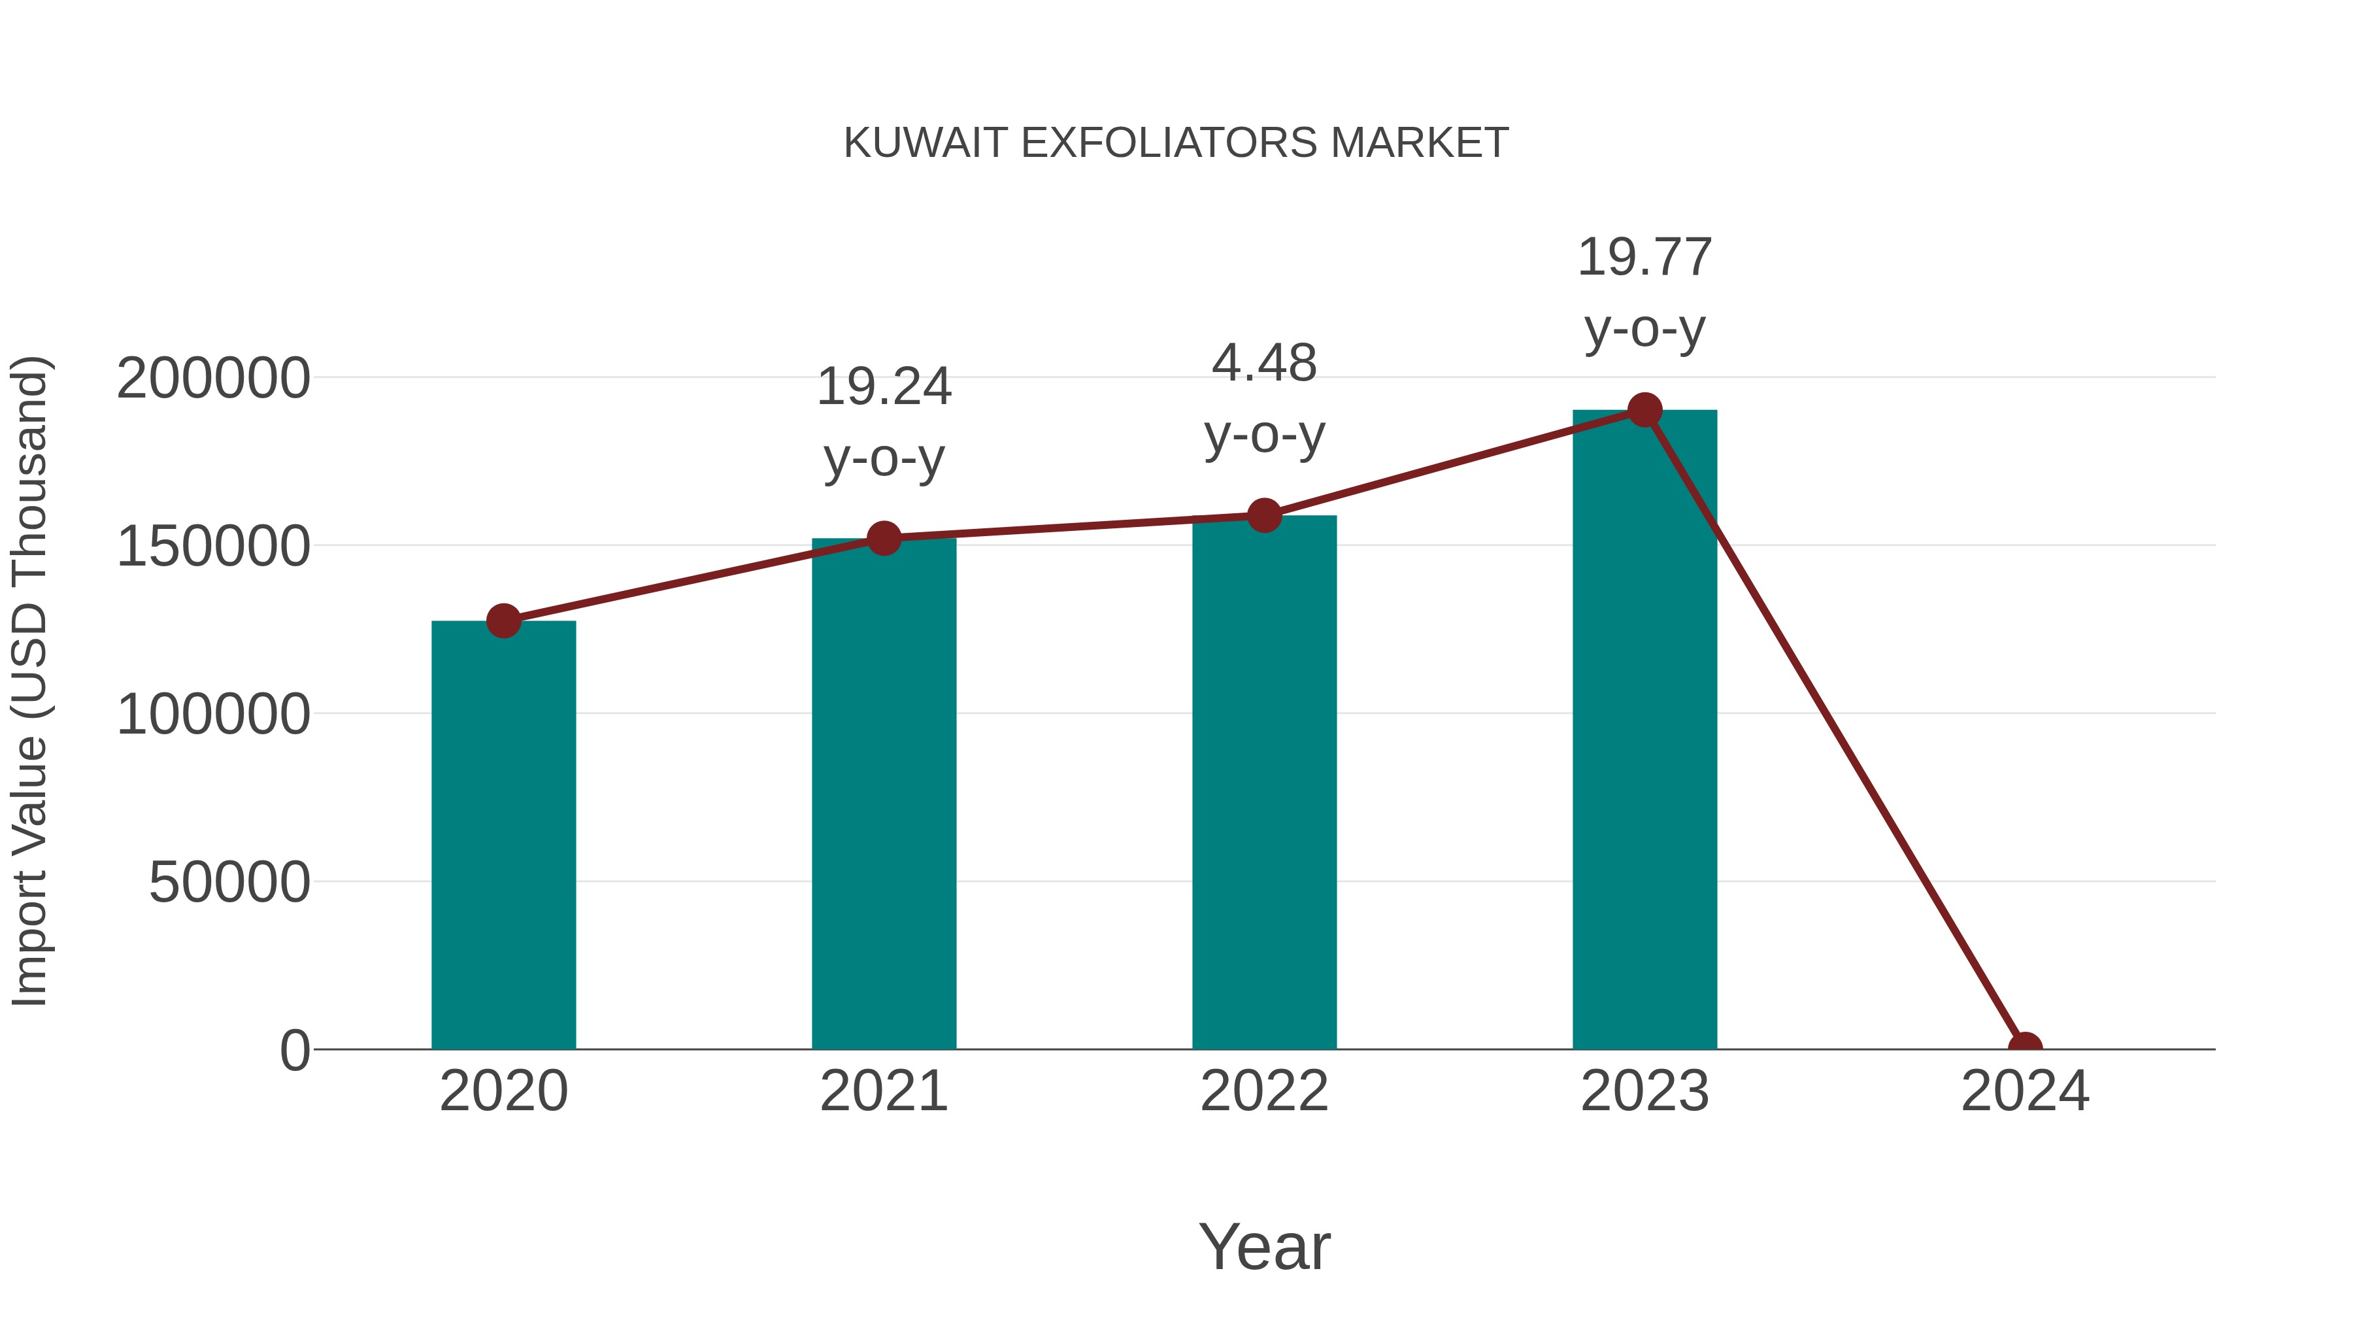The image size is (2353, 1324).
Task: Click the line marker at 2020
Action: (503, 621)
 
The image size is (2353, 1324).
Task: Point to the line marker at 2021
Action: (883, 538)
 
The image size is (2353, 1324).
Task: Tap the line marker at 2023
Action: (1644, 410)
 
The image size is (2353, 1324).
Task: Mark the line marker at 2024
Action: (2025, 1047)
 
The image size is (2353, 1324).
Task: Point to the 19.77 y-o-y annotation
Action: (1644, 292)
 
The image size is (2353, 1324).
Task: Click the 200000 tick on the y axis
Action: (214, 379)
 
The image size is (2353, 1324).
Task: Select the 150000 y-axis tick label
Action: (214, 547)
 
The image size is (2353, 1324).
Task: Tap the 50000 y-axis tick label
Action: (229, 883)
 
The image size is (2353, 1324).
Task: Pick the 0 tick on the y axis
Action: (295, 1050)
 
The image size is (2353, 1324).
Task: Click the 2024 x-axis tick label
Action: (2025, 1091)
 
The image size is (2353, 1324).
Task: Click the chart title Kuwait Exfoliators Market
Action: (1176, 143)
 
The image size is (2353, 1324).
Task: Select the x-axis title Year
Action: (1264, 1246)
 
